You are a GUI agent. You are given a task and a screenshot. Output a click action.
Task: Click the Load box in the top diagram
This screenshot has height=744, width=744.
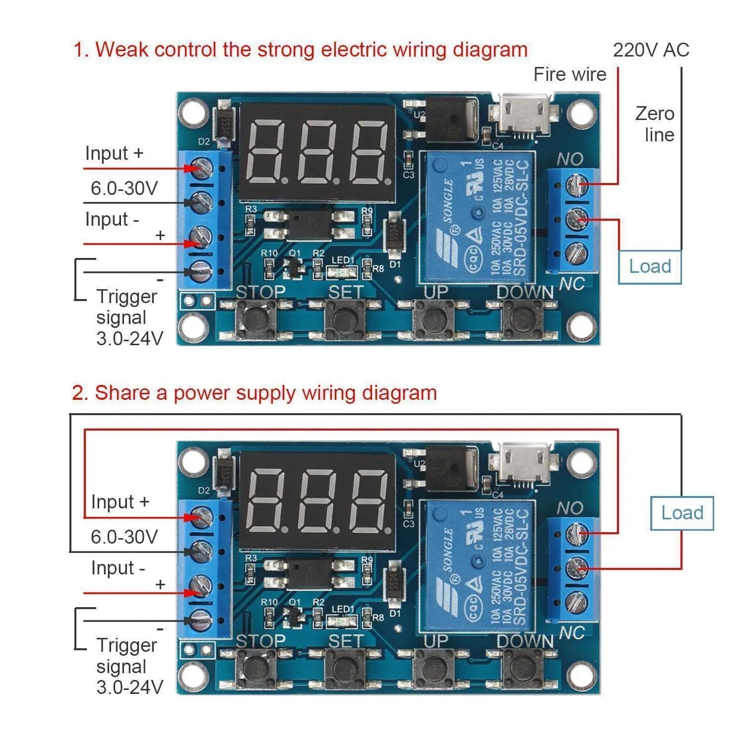coord(650,267)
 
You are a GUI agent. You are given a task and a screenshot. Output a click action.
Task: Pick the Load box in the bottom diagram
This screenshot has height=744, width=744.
coord(682,513)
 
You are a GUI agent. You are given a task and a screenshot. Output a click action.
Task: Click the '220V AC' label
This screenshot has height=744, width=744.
coord(651,50)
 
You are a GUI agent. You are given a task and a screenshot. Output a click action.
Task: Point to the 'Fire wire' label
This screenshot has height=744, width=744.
coord(569,74)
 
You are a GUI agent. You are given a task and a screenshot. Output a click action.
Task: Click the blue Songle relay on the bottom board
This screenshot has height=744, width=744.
coord(477,565)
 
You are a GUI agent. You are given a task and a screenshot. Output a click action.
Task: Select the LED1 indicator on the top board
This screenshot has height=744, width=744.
coord(343,272)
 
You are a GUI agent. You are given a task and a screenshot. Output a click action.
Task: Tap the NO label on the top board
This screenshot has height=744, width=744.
coord(569,159)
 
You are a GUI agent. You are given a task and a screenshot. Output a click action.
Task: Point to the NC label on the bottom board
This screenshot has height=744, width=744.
coord(571,633)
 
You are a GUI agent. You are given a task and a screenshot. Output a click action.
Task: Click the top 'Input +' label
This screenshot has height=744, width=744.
coord(114,153)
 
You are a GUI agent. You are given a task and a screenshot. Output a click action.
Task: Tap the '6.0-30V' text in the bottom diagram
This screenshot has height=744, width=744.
coord(124,537)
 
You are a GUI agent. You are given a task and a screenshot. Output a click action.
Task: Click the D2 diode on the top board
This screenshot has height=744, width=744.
coord(224,123)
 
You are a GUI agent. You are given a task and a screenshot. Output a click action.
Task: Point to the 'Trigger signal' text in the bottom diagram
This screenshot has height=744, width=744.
coord(126,656)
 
